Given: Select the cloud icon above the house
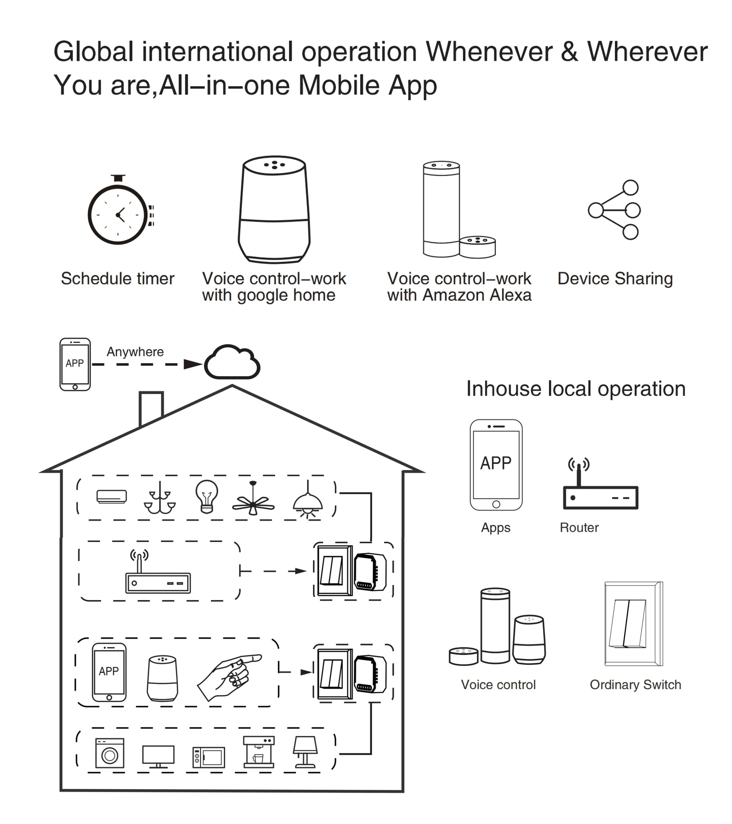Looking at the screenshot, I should pyautogui.click(x=232, y=362).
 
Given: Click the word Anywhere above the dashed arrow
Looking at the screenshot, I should pyautogui.click(x=135, y=352).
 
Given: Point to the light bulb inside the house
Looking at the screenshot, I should pyautogui.click(x=207, y=496).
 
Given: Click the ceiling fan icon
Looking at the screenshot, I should pyautogui.click(x=253, y=500).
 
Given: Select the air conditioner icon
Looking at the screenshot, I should pyautogui.click(x=112, y=496).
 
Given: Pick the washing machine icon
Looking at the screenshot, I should pyautogui.click(x=110, y=753).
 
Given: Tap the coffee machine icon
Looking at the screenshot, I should pyautogui.click(x=259, y=752).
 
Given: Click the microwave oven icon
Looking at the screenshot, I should pyautogui.click(x=209, y=757).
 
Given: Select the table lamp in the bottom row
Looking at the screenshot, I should pyautogui.click(x=305, y=752).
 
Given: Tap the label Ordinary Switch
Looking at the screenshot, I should pyautogui.click(x=635, y=685).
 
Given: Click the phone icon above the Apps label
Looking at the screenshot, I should pyautogui.click(x=496, y=465).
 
